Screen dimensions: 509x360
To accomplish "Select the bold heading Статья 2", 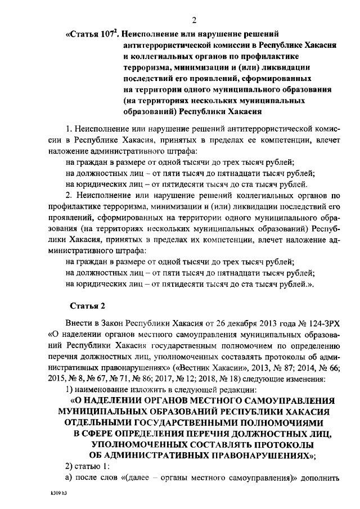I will pyautogui.click(x=87, y=306).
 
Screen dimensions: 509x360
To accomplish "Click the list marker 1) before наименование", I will pyautogui.click(x=69, y=389).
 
